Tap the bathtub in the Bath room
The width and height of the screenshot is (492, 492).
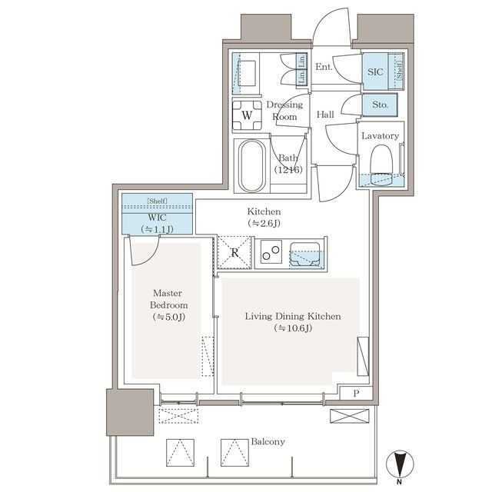pyautogui.click(x=252, y=166)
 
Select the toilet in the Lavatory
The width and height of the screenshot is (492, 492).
pyautogui.click(x=381, y=165)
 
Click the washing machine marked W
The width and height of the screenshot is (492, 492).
pyautogui.click(x=247, y=115)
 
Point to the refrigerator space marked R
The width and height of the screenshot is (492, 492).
pyautogui.click(x=234, y=252)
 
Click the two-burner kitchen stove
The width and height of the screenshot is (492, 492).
pyautogui.click(x=271, y=252)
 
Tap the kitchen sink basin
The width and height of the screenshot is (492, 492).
pyautogui.click(x=305, y=254)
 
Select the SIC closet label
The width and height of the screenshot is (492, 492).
pyautogui.click(x=375, y=71)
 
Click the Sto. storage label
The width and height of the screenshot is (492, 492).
pyautogui.click(x=380, y=105)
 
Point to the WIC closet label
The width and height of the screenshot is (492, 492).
pyautogui.click(x=157, y=217)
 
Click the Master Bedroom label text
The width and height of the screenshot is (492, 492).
pyautogui.click(x=168, y=299)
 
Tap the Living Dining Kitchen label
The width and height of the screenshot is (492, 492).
pyautogui.click(x=293, y=316)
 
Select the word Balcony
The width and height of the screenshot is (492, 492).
pyautogui.click(x=268, y=442)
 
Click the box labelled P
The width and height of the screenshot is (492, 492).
pyautogui.click(x=356, y=393)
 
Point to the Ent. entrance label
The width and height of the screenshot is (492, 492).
pyautogui.click(x=324, y=67)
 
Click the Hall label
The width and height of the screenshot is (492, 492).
pyautogui.click(x=325, y=115)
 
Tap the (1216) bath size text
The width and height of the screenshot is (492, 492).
pyautogui.click(x=288, y=170)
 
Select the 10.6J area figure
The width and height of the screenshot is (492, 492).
pyautogui.click(x=294, y=328)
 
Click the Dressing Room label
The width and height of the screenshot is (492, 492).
pyautogui.click(x=284, y=111)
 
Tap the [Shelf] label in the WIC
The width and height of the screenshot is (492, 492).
pyautogui.click(x=157, y=201)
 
